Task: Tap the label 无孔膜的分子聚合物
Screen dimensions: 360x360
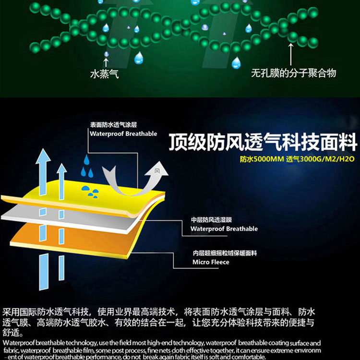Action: (293, 73)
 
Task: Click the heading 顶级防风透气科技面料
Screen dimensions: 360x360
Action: (263, 143)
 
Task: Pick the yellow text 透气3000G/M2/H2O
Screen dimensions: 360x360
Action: (320, 159)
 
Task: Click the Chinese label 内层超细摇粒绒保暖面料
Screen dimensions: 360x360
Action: (219, 253)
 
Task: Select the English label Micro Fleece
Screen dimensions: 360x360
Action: (211, 262)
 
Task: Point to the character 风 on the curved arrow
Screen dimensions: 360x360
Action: (156, 170)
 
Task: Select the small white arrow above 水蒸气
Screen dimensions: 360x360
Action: (106, 62)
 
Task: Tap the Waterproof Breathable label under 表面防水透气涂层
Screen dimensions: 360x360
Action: (123, 133)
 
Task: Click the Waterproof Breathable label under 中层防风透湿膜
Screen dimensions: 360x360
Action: (224, 229)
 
